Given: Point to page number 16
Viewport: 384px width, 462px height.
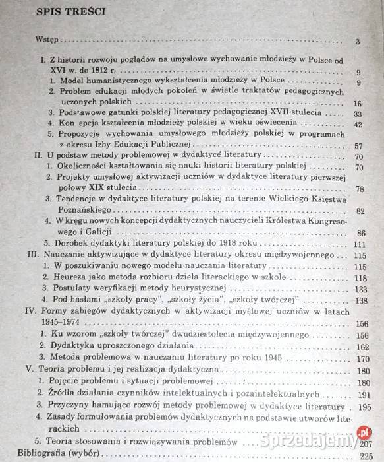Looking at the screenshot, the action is (358, 104).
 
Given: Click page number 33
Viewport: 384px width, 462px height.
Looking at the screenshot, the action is (358, 114).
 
